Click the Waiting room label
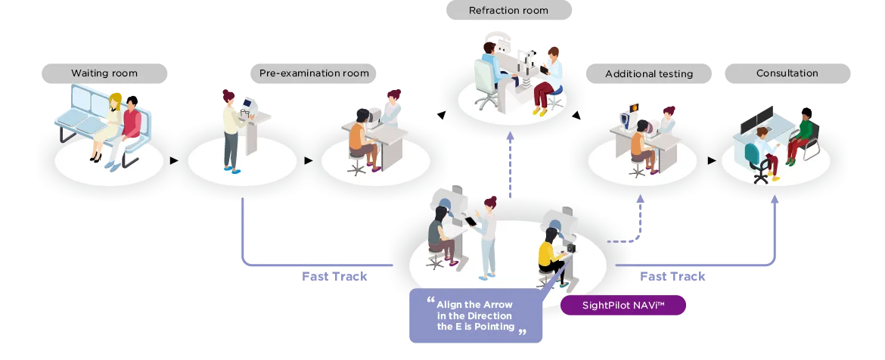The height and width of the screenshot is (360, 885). (104, 73)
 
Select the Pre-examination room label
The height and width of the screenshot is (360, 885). (314, 73)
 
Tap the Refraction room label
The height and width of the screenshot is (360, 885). (508, 11)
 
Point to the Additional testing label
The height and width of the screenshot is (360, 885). (649, 73)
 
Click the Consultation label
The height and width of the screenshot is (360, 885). (787, 73)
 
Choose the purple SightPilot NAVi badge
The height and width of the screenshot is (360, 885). (623, 305)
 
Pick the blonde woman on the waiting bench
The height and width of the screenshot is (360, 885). (111, 125)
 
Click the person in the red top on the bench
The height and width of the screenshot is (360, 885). (129, 129)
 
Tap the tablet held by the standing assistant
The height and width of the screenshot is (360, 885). (470, 221)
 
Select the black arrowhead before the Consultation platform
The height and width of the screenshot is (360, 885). (711, 160)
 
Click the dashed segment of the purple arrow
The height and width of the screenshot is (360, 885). (617, 241)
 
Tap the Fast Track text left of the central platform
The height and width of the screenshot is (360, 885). (335, 278)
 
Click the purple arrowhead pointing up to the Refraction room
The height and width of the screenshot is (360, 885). (510, 135)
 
